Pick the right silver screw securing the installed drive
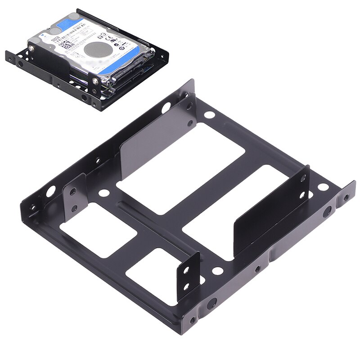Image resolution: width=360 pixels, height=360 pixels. coord(95,81)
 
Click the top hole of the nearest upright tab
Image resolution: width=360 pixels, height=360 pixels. coord(185,271)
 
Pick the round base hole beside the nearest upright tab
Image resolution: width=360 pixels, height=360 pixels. coord(218,271)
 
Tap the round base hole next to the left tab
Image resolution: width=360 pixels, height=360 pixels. coord(104,193)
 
